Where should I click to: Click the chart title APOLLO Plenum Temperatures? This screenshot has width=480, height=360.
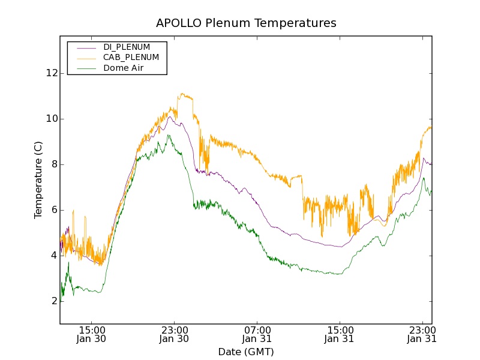click(246, 23)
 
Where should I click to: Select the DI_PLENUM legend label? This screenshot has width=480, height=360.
click(127, 47)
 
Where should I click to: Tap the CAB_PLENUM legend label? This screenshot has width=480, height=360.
click(131, 58)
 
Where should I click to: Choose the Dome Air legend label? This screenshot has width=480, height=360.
click(123, 68)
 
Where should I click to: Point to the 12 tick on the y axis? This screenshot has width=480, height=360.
click(52, 73)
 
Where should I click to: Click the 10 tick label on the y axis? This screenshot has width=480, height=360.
click(52, 119)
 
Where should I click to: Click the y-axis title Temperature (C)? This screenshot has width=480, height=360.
click(38, 180)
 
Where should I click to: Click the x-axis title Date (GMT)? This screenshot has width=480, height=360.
click(246, 352)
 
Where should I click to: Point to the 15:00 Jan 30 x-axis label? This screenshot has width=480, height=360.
click(92, 334)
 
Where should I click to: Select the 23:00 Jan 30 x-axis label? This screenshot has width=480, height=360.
click(175, 334)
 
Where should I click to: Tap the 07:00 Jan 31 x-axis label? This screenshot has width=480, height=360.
click(257, 334)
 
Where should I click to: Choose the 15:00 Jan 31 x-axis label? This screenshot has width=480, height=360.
click(340, 334)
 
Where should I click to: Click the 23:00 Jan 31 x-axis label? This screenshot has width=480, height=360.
click(422, 334)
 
